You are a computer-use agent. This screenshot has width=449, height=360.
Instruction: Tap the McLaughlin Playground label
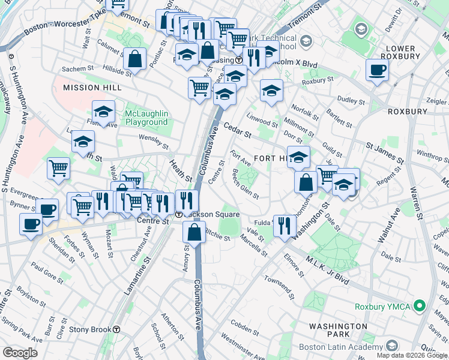[146, 118]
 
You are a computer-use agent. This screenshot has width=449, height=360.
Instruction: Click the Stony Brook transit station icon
[117, 329]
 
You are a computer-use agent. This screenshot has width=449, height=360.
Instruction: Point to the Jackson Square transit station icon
[179, 215]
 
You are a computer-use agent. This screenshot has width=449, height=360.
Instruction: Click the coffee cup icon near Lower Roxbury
[377, 70]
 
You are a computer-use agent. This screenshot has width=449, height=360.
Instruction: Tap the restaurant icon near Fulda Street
[284, 224]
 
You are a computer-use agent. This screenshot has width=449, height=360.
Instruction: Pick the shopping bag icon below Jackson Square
[194, 232]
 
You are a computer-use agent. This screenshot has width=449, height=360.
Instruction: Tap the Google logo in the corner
[20, 352]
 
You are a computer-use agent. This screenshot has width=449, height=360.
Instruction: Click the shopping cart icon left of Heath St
[59, 168]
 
